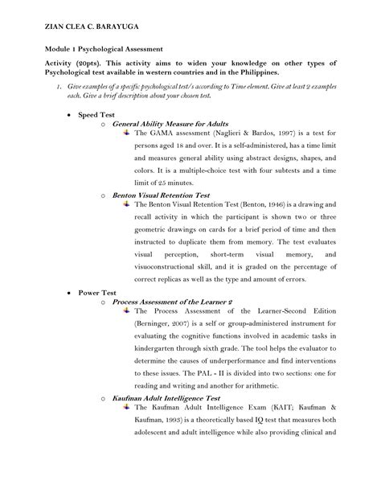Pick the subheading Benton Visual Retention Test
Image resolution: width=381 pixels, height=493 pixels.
click(x=162, y=195)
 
